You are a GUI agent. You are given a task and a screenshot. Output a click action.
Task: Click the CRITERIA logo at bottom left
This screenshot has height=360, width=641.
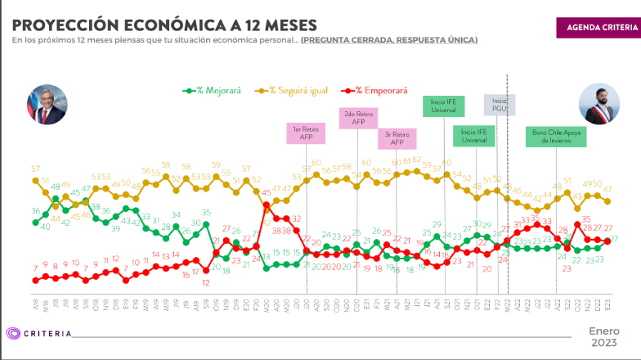click(39, 333)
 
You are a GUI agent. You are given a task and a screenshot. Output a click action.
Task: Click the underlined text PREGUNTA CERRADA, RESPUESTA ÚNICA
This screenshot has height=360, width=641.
click(389, 39)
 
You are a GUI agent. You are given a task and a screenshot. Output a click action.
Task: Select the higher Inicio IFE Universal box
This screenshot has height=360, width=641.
click(444, 106)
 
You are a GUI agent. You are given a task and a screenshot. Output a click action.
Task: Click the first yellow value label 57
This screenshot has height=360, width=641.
click(36, 169)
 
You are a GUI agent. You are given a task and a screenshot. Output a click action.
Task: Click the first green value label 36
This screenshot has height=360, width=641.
click(35, 212)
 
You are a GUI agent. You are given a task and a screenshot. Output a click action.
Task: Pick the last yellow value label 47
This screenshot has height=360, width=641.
click(607, 189)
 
